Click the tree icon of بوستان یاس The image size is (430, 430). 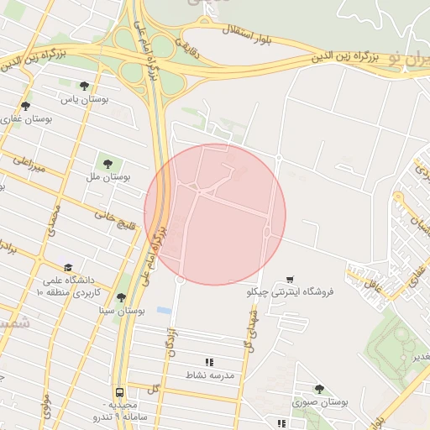83,85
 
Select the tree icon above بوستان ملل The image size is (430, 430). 107,162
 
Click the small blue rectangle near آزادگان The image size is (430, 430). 165,310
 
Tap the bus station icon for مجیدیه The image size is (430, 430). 119,392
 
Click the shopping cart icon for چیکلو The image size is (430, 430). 290,278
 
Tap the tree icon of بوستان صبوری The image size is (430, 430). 318,388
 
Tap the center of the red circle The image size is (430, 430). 215,214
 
